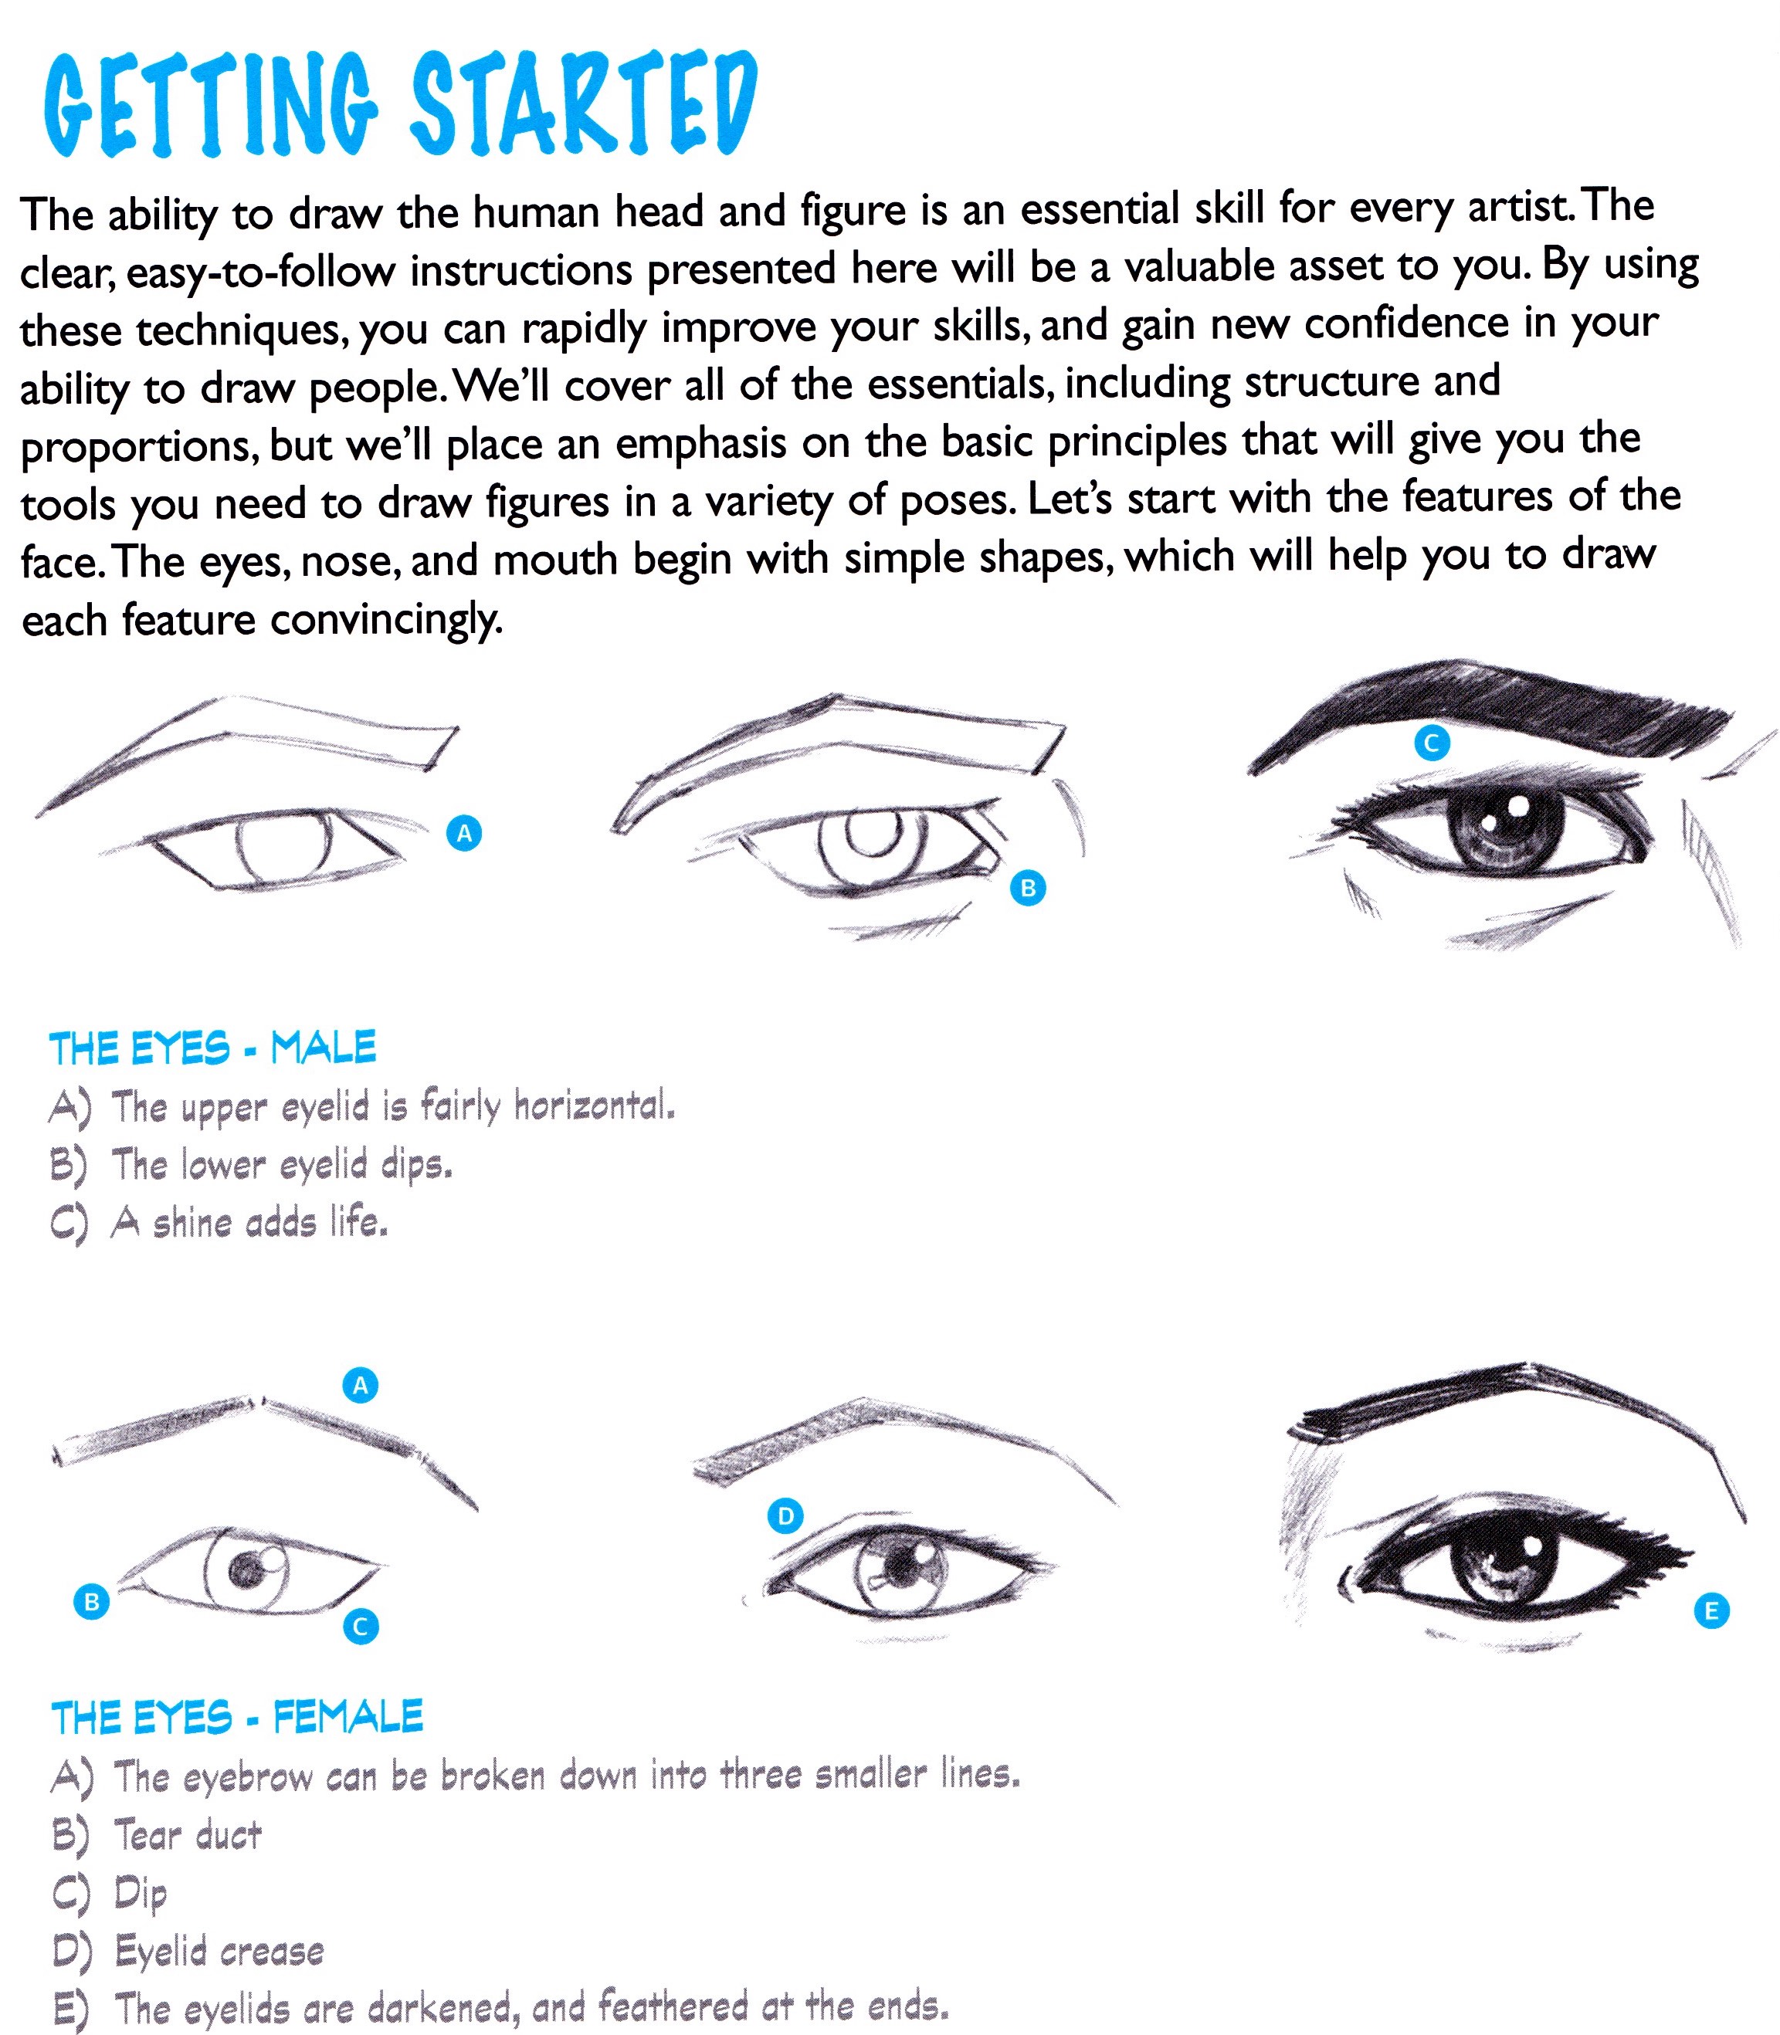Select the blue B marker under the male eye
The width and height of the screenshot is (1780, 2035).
[1028, 888]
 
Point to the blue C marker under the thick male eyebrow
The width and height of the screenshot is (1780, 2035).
[1432, 742]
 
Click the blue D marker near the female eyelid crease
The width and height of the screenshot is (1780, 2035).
[785, 1516]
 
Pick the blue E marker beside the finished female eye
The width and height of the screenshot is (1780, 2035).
[1710, 1611]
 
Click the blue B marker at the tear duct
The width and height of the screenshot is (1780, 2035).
[91, 1601]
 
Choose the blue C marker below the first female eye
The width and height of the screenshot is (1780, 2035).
[360, 1627]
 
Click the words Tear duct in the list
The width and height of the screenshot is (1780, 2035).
[188, 1835]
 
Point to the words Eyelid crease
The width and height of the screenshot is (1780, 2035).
[219, 1952]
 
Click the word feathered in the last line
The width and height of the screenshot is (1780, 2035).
[673, 2007]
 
